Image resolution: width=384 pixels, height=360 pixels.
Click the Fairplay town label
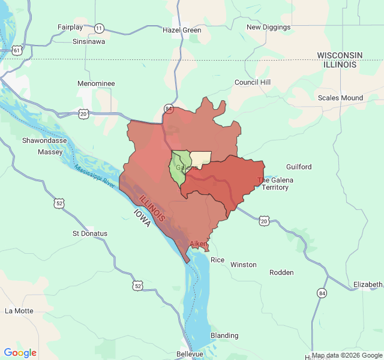click(x=70, y=27)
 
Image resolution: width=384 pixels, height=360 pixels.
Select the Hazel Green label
click(x=182, y=29)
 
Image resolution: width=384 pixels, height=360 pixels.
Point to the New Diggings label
click(x=269, y=27)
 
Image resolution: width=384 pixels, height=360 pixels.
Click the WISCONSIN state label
click(x=340, y=55)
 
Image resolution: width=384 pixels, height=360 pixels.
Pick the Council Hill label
click(x=253, y=82)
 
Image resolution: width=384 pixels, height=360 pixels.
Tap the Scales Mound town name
click(x=340, y=98)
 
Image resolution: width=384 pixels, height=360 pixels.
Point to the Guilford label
click(x=299, y=166)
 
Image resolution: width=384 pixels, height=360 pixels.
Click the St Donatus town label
click(x=90, y=233)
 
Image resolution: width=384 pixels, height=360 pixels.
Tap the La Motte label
click(x=19, y=311)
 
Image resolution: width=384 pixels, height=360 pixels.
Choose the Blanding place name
click(x=224, y=335)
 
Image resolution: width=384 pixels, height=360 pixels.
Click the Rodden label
click(x=281, y=272)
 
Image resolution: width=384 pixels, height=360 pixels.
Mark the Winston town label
click(x=243, y=265)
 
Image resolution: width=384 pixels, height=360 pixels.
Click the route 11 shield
click(x=99, y=28)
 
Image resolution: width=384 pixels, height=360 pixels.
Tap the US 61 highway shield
click(x=17, y=51)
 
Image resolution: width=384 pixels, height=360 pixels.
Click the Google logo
click(x=20, y=353)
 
